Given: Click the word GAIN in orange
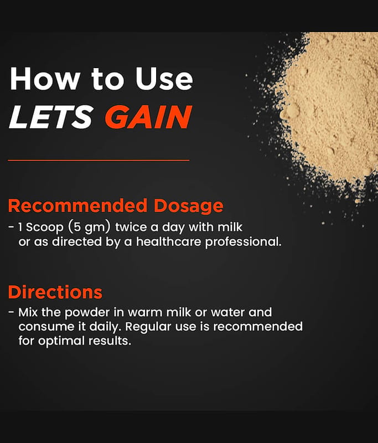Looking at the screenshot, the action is click(x=149, y=117).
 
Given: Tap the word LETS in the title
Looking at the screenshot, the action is click(x=51, y=117).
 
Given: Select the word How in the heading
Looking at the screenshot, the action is click(x=45, y=79).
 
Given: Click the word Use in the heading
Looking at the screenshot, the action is click(x=164, y=79).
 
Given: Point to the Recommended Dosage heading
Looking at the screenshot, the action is click(x=116, y=205).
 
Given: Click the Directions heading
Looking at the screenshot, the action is click(x=55, y=292).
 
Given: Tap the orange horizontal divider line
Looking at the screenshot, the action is click(x=99, y=160).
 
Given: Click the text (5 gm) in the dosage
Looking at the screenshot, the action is click(x=89, y=228).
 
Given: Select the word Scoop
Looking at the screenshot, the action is click(x=45, y=228).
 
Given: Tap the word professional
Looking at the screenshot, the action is click(x=244, y=243).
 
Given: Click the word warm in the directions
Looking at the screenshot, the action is click(x=145, y=313).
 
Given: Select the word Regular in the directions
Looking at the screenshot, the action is click(x=148, y=327).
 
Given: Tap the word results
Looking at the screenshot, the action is click(x=110, y=341).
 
